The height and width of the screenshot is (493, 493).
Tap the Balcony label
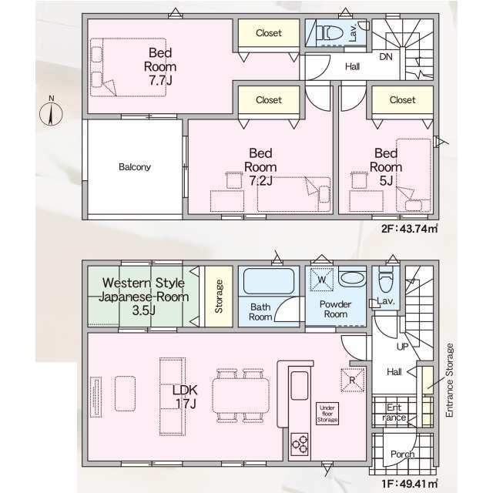(x=135, y=166)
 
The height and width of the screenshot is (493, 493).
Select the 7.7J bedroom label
(x=160, y=66)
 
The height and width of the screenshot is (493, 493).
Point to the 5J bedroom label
(x=386, y=167)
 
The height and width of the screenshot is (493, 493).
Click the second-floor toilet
(x=330, y=32)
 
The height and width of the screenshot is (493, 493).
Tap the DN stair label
(x=386, y=56)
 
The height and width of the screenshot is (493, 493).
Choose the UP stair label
(x=402, y=347)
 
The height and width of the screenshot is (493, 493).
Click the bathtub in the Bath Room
(x=269, y=281)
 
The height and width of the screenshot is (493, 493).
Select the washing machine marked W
(x=322, y=279)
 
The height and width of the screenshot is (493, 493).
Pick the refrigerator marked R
(x=353, y=380)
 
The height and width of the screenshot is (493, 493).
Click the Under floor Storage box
(x=327, y=414)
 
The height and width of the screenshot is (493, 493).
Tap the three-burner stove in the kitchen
(x=300, y=444)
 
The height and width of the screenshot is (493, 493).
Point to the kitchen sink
(x=300, y=385)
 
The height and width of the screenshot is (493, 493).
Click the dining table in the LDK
(x=240, y=395)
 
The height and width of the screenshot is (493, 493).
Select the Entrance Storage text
(x=450, y=380)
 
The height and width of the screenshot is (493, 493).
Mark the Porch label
(x=402, y=454)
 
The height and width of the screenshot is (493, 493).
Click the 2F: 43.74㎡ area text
(x=409, y=229)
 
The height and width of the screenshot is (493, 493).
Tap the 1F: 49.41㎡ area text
(x=409, y=483)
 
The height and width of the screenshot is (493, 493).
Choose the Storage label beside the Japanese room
(x=219, y=296)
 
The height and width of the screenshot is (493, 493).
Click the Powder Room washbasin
(x=353, y=278)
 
